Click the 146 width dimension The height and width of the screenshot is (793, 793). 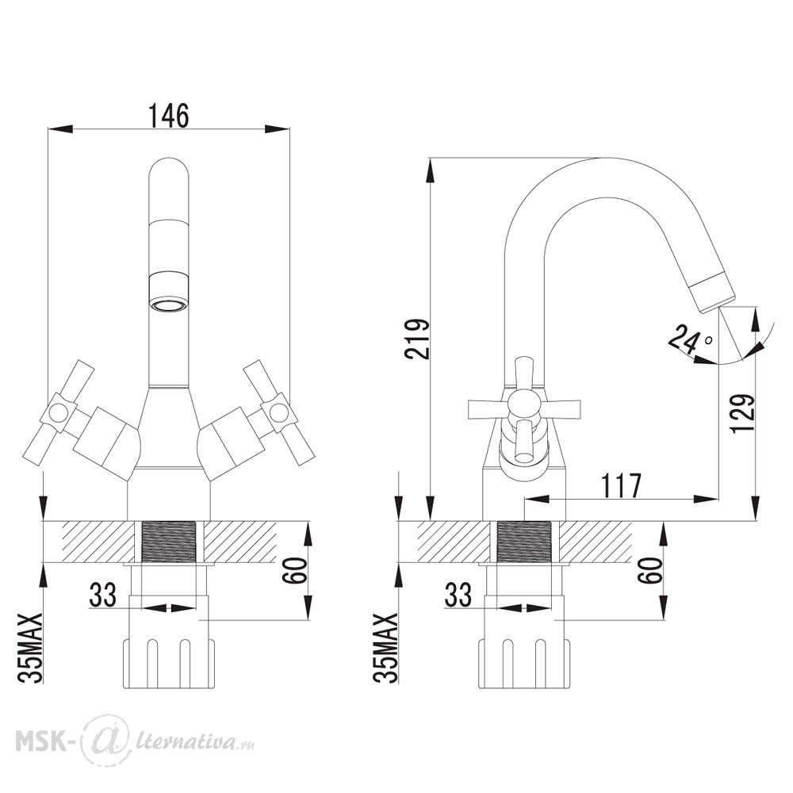[168, 116]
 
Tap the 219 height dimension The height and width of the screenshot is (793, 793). [417, 339]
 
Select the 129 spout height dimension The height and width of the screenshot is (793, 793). [742, 413]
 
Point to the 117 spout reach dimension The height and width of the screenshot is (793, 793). [621, 485]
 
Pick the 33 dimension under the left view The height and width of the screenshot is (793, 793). [102, 595]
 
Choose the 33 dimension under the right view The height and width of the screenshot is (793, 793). [458, 595]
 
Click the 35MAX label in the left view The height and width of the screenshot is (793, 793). [32, 649]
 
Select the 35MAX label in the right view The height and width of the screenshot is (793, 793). [386, 649]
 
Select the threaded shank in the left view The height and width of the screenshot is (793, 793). [169, 541]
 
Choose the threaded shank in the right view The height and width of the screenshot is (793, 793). [524, 541]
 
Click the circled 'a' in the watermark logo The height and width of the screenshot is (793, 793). [105, 739]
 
